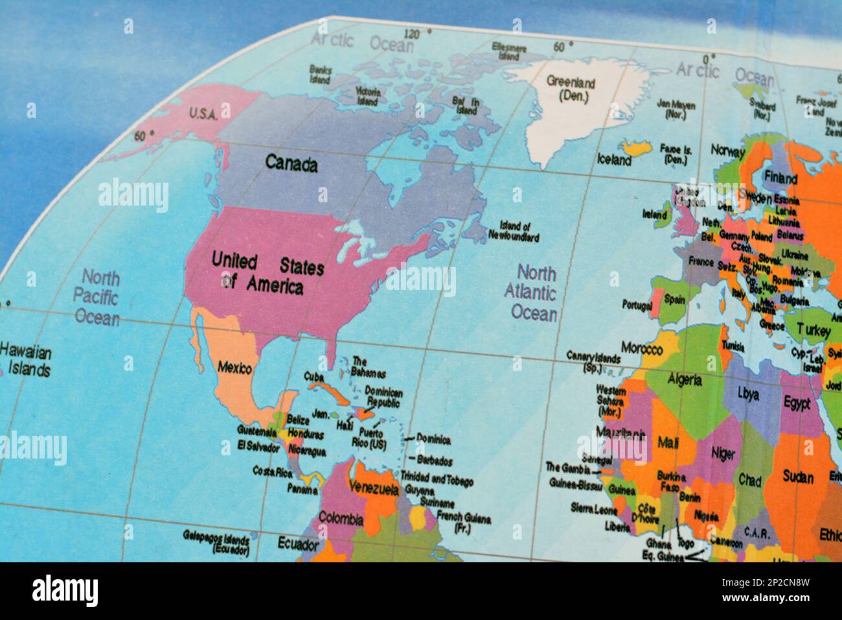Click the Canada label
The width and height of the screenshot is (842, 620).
point(291,163)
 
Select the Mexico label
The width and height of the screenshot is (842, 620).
point(234,368)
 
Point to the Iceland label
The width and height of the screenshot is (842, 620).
point(613,160)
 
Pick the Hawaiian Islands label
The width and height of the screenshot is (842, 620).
point(26,361)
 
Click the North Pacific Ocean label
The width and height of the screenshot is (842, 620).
point(99,298)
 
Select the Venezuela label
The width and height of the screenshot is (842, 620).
point(373,488)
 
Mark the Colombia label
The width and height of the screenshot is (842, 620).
point(340,518)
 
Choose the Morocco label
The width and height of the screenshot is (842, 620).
point(641,349)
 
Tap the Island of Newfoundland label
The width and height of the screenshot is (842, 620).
point(519,232)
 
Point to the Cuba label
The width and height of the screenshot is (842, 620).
point(314,377)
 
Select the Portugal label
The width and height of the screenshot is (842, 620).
point(637,305)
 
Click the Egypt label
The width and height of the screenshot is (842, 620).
point(797,403)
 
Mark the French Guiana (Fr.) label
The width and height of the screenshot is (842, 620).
point(463,523)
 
